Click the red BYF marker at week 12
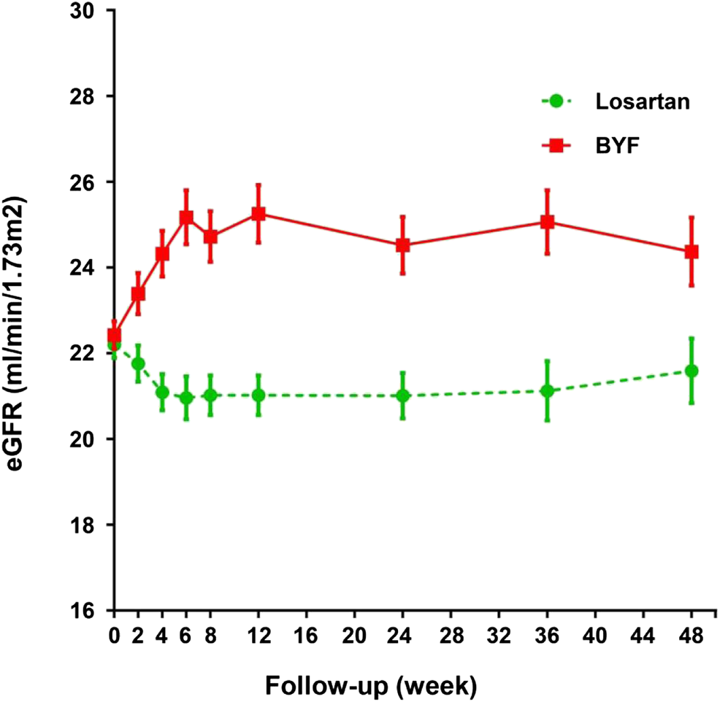[x=258, y=214]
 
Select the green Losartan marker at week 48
[x=692, y=371]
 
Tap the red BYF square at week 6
[x=186, y=217]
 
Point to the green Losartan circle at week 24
[x=402, y=396]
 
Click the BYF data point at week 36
[x=547, y=222]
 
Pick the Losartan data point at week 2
[x=138, y=363]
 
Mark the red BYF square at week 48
[x=692, y=252]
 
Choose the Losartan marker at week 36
[x=547, y=391]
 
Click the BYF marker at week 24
[x=402, y=245]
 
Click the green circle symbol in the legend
[x=556, y=102]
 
